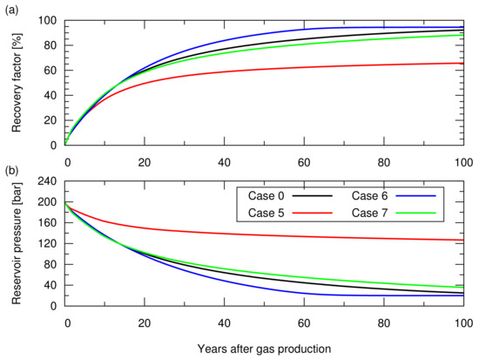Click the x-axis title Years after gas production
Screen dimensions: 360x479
click(x=265, y=349)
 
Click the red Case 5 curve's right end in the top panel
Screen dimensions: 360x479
click(x=462, y=63)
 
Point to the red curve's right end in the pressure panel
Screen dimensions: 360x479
click(x=462, y=240)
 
